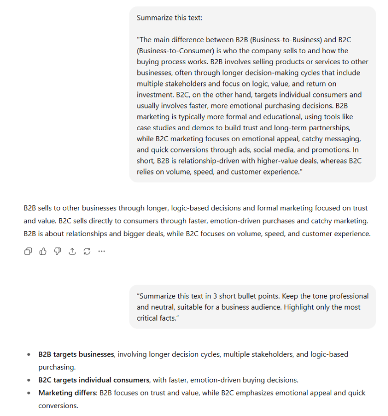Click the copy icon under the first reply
point(28,251)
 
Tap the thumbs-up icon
point(43,251)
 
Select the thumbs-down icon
point(57,251)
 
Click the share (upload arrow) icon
point(72,251)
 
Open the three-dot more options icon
point(102,251)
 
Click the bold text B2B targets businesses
point(76,354)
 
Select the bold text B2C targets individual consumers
point(94,380)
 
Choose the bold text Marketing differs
point(67,393)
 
